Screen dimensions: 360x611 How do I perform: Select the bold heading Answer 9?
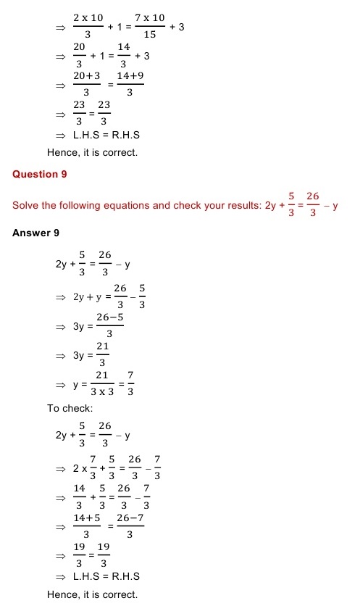35,233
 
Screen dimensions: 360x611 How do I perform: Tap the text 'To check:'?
70,409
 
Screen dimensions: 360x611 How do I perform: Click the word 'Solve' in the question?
25,206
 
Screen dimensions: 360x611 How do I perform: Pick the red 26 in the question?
313,196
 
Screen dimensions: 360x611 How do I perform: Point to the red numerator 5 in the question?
290,196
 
